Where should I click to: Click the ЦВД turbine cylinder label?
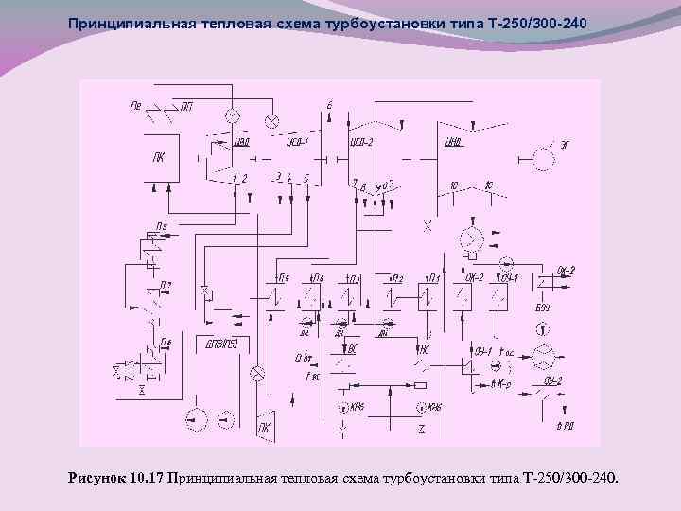pyautogui.click(x=241, y=143)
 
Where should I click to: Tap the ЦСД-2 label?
pyautogui.click(x=362, y=143)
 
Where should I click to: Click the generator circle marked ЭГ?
pyautogui.click(x=544, y=159)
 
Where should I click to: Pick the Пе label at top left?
pyautogui.click(x=137, y=106)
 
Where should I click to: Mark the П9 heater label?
pyautogui.click(x=163, y=225)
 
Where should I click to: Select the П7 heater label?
pyautogui.click(x=166, y=284)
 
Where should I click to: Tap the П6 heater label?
pyautogui.click(x=166, y=342)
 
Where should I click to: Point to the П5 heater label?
pyautogui.click(x=283, y=277)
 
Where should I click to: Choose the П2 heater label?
pyautogui.click(x=398, y=277)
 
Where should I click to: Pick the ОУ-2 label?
pyautogui.click(x=553, y=380)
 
